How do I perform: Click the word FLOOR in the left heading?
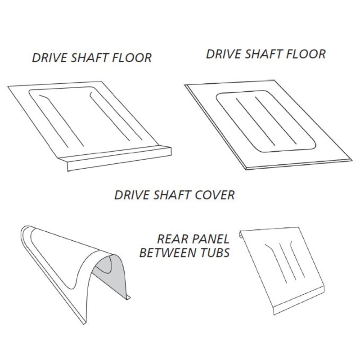click(131, 58)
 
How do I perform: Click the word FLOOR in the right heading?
click(306, 54)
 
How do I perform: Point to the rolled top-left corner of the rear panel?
click(241, 234)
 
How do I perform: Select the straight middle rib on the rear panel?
click(288, 262)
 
